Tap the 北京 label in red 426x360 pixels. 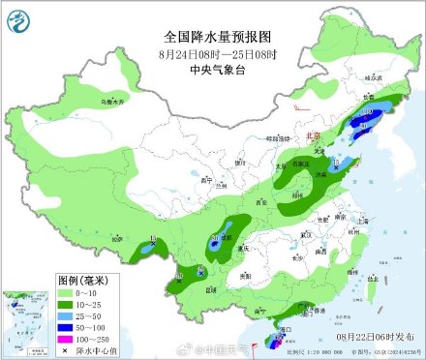click(314, 137)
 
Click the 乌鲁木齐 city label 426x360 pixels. click(115, 101)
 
